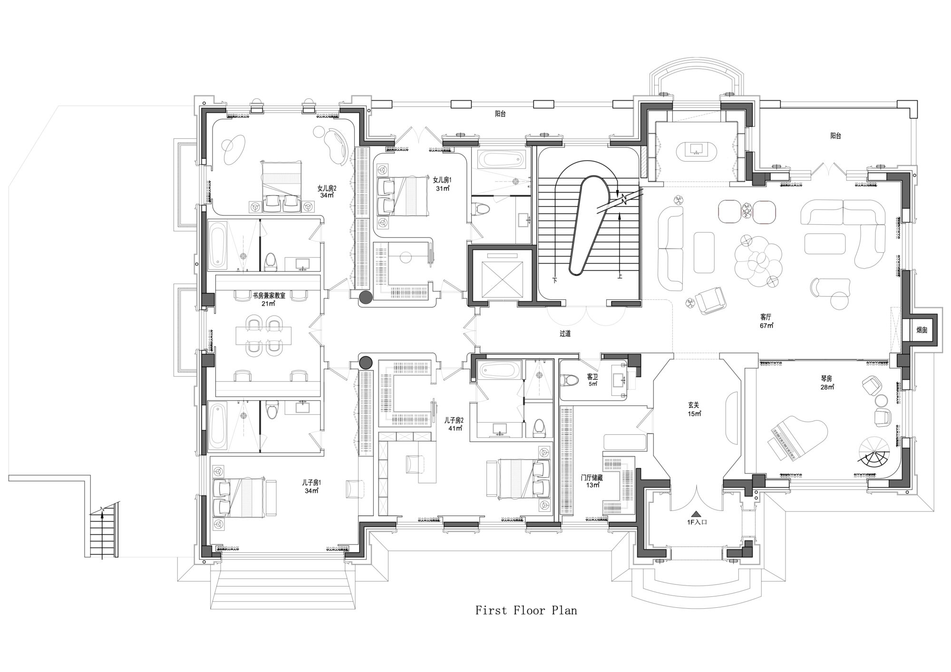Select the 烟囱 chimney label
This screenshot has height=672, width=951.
coord(922,330)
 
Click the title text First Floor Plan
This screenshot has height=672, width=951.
coord(526,610)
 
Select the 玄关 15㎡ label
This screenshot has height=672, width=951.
coord(695,409)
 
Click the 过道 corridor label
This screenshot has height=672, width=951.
coord(565,334)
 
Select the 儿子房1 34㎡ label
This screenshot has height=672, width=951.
coord(311,487)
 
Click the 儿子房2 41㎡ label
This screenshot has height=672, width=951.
coord(454,424)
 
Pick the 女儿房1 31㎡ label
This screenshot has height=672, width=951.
coord(442,184)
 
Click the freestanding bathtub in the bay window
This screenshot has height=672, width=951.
coord(696,149)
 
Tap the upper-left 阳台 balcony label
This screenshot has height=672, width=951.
coord(500,114)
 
